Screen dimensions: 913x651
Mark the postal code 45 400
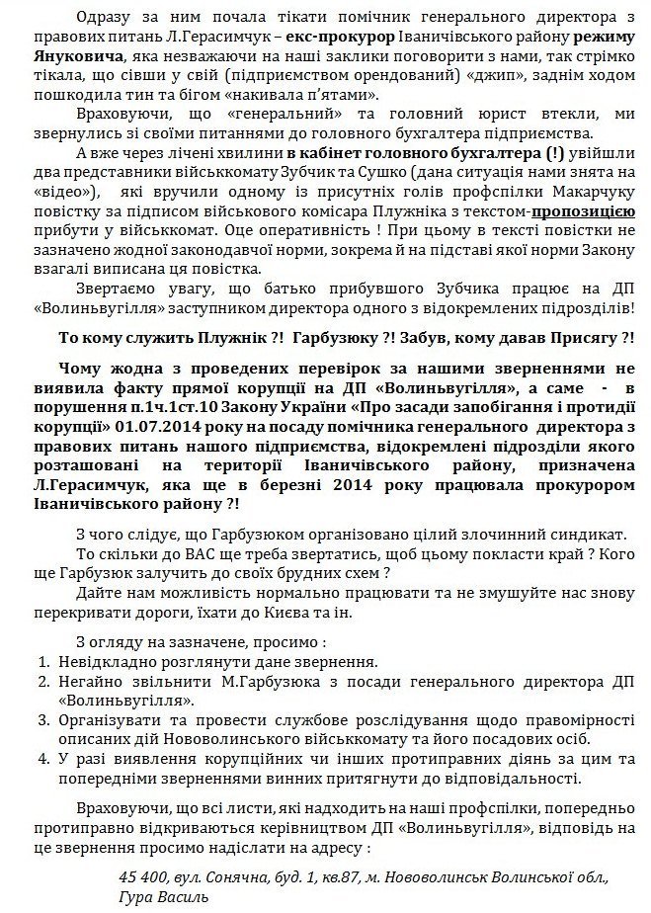[142, 876]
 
